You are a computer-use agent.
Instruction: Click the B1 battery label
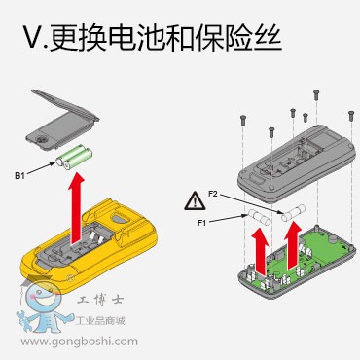click(x=19, y=176)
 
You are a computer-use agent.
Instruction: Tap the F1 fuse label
click(x=202, y=223)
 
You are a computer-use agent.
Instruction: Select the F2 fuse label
click(x=213, y=195)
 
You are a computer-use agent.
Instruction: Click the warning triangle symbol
click(x=195, y=200)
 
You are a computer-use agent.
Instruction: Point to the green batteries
click(x=74, y=158)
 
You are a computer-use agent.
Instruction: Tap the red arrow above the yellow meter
click(x=77, y=208)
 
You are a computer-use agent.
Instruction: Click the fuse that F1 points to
click(x=260, y=217)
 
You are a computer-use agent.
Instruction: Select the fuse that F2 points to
click(x=294, y=212)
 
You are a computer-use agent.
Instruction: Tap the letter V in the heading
click(x=34, y=37)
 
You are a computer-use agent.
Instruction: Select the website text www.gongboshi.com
click(x=80, y=342)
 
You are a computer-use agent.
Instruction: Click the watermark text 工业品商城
click(x=100, y=321)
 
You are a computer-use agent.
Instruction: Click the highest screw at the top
click(x=316, y=94)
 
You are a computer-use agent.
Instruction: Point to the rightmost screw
click(x=350, y=116)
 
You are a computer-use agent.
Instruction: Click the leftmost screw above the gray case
click(x=243, y=120)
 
